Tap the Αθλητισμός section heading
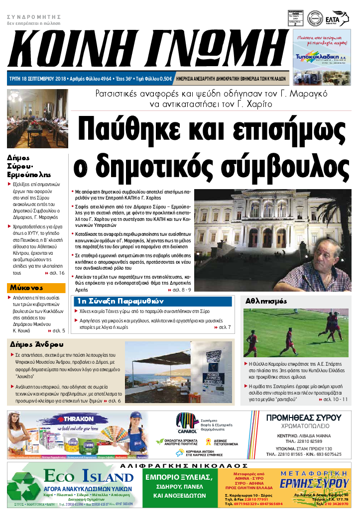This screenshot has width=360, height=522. (266, 301)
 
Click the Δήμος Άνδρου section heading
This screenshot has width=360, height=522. (37, 344)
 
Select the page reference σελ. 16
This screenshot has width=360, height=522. (56, 273)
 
